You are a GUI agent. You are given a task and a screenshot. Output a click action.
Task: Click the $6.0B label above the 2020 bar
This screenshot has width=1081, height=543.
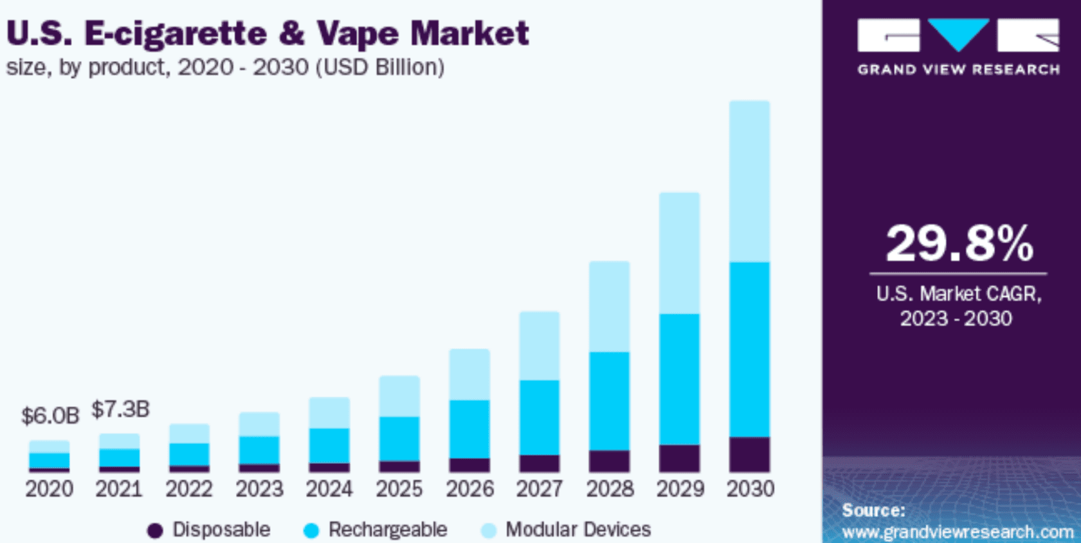click(x=50, y=416)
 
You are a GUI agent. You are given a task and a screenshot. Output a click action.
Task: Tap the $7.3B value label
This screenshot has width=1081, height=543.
click(x=120, y=409)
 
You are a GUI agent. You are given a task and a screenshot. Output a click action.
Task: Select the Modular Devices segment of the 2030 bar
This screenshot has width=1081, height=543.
click(x=749, y=181)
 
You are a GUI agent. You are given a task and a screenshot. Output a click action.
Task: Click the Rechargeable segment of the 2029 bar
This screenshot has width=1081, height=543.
click(x=679, y=379)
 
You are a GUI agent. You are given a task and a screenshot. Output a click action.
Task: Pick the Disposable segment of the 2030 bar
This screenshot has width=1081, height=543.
click(x=749, y=454)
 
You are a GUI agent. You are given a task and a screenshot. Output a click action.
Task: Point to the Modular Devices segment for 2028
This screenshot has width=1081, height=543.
click(x=609, y=307)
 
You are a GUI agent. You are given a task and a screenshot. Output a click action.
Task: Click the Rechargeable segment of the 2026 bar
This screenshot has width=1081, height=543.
click(x=469, y=429)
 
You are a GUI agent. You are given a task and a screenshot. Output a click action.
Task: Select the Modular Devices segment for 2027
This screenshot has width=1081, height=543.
click(x=539, y=346)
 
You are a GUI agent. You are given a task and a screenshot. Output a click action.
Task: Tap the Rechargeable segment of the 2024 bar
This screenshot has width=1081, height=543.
click(x=329, y=445)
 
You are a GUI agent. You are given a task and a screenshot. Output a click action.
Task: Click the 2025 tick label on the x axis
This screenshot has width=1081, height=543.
click(x=399, y=489)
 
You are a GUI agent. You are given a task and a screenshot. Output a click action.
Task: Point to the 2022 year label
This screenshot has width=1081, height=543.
click(x=189, y=489)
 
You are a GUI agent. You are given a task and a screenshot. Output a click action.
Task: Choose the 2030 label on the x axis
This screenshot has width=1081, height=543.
click(x=750, y=489)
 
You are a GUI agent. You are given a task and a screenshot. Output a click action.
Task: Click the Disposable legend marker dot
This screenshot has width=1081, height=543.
click(x=155, y=530)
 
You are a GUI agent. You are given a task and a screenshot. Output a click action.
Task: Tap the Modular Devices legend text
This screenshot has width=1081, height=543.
click(x=578, y=530)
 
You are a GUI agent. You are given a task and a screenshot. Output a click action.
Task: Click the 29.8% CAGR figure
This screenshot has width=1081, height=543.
click(x=959, y=244)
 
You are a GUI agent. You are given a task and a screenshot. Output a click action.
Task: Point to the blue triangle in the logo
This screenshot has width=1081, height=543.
click(x=958, y=33)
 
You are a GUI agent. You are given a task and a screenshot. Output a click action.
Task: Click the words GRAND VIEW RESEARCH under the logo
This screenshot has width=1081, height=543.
click(x=958, y=69)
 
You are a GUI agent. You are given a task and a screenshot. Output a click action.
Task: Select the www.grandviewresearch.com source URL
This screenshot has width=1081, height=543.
click(x=958, y=533)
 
